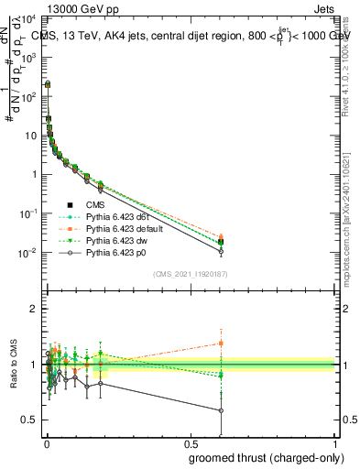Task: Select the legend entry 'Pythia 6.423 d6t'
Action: [115, 216]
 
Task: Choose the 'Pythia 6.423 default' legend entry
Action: [123, 228]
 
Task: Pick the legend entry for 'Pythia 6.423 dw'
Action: [115, 240]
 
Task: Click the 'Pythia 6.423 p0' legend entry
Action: [115, 252]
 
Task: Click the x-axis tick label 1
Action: [335, 443]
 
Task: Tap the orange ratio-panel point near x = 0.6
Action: [221, 343]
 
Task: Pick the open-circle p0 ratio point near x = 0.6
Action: [221, 410]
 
